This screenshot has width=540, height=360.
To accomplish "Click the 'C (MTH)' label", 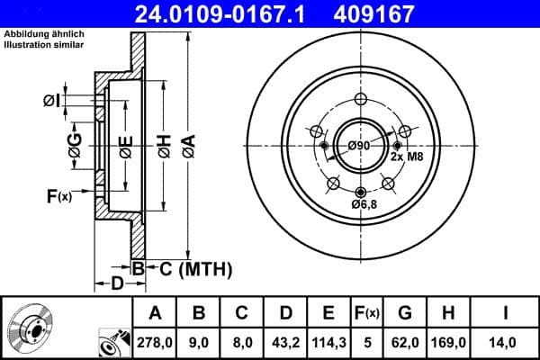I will click(191, 268).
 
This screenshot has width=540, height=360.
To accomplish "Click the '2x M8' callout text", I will click(406, 157).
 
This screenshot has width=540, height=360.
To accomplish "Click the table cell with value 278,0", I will click(155, 342).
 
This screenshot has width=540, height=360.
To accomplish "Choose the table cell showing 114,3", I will click(328, 342).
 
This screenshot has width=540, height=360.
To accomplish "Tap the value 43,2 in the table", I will click(284, 342).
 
